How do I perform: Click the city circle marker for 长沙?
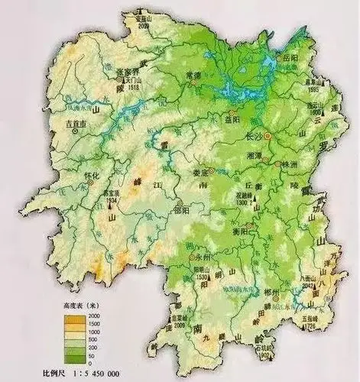[x=268, y=136]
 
